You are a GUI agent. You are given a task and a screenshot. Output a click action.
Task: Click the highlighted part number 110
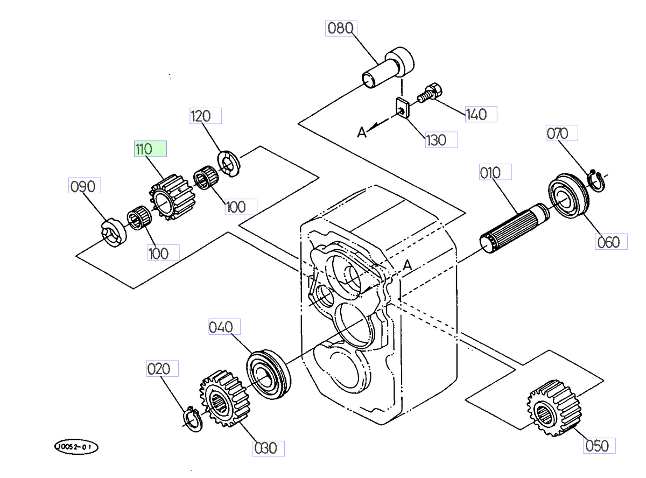(150, 149)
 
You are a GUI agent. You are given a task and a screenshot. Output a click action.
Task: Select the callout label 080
(341, 28)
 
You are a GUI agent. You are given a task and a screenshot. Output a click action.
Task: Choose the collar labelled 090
(114, 233)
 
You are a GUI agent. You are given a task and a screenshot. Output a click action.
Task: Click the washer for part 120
(228, 162)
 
